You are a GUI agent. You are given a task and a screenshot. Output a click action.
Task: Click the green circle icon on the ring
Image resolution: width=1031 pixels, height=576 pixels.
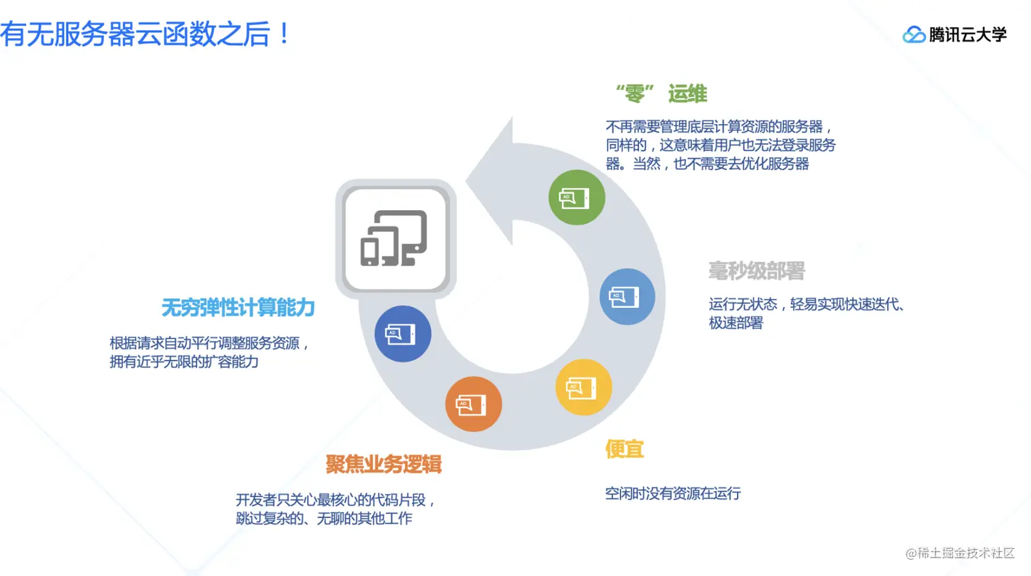tap(576, 198)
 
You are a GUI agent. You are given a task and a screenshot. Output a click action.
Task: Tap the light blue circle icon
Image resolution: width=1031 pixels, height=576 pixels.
tap(627, 297)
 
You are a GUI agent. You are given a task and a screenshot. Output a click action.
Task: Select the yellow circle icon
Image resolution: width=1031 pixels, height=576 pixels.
tap(583, 388)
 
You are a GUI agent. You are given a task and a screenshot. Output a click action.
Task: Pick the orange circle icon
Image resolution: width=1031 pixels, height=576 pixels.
tap(473, 404)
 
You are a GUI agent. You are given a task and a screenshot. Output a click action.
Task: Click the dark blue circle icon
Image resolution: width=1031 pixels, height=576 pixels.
tap(402, 334)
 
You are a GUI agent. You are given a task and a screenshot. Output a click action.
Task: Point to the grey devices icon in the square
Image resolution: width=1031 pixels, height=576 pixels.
tap(395, 238)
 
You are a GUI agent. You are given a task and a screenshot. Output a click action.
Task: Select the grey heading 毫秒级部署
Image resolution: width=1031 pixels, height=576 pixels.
tap(756, 271)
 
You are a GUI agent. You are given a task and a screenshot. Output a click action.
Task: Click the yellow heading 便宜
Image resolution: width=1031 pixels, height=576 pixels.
tap(625, 449)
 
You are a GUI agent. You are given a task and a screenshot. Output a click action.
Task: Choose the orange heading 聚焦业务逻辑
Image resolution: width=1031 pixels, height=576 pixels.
tap(383, 464)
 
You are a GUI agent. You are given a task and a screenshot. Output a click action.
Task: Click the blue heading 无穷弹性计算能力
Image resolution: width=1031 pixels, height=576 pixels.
tap(238, 308)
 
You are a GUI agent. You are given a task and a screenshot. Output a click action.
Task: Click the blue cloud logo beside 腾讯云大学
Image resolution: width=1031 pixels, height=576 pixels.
tap(914, 34)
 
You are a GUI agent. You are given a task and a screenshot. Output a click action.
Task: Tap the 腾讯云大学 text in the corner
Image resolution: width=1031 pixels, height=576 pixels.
tap(968, 35)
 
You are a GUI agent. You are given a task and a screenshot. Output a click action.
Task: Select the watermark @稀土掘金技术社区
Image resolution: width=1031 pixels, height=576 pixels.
tap(959, 553)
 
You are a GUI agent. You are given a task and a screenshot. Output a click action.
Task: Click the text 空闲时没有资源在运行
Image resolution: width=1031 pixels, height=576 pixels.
tap(672, 493)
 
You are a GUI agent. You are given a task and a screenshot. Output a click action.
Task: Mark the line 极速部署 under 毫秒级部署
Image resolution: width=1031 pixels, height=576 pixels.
tap(736, 323)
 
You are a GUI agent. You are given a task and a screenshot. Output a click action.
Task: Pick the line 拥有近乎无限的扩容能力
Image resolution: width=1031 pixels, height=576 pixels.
tap(184, 362)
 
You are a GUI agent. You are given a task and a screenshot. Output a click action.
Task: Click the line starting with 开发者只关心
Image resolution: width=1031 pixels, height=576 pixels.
tap(335, 500)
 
